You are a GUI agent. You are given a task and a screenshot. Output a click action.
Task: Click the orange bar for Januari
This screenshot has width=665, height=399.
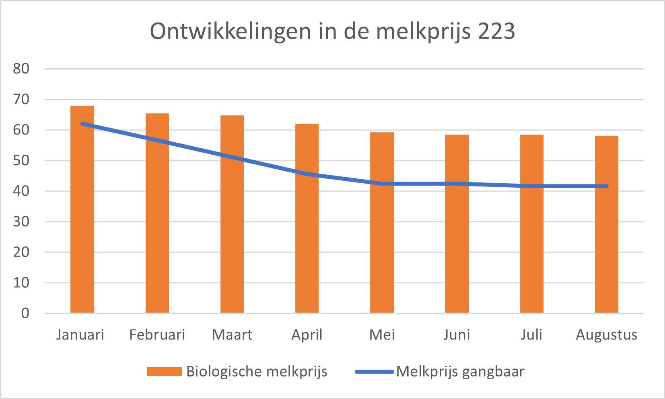(82, 209)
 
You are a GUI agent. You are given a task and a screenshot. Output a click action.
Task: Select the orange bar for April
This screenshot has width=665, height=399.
(307, 218)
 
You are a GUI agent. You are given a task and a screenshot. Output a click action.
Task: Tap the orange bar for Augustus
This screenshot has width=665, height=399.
(607, 224)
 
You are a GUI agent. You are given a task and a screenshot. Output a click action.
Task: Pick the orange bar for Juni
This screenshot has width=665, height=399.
(457, 224)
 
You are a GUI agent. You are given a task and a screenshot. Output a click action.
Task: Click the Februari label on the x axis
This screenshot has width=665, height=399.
(157, 335)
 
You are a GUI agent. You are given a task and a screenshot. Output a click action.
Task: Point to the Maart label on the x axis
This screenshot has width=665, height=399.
(232, 335)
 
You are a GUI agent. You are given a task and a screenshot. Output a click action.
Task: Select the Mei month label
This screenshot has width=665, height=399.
(382, 335)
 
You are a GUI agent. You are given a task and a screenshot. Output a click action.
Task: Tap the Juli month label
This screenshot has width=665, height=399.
(531, 335)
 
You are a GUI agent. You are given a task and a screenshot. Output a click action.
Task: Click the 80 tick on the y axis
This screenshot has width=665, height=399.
(21, 69)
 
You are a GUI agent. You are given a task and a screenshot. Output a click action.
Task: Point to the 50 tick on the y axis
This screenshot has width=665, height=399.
(21, 160)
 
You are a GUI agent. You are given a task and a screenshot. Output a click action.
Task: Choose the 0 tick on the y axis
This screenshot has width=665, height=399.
(25, 313)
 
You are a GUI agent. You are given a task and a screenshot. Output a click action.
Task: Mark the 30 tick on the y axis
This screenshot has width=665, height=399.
(21, 222)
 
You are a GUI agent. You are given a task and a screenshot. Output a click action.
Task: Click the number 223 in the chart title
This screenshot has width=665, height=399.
(496, 31)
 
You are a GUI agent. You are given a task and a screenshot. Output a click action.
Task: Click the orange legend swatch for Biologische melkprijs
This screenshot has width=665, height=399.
(165, 371)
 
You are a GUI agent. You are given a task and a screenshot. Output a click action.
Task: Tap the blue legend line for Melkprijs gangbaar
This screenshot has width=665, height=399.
(375, 371)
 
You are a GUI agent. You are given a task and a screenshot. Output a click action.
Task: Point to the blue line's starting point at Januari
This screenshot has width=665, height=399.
(82, 124)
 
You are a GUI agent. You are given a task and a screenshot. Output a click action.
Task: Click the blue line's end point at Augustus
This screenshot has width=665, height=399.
(607, 186)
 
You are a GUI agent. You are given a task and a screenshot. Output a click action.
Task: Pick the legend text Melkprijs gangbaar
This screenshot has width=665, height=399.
(461, 372)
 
